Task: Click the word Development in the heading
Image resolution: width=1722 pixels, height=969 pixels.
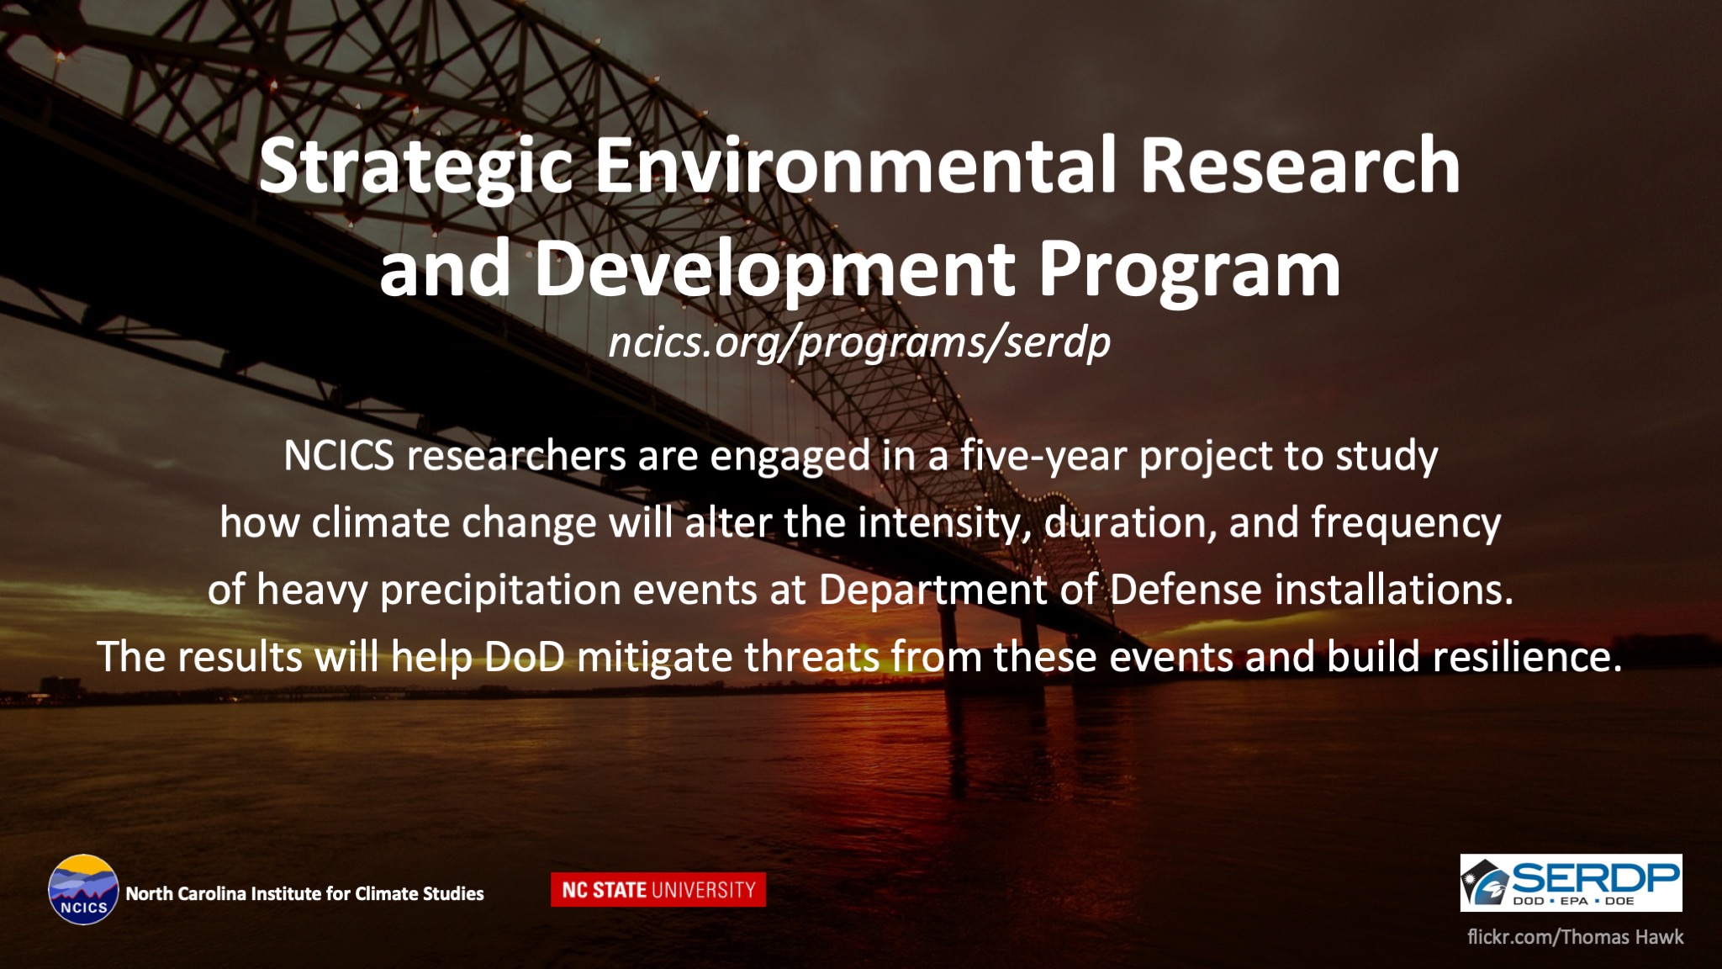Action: tap(774, 271)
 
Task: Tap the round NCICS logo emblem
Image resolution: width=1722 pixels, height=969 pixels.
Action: tap(83, 890)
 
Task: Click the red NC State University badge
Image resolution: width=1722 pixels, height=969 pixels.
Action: tap(658, 890)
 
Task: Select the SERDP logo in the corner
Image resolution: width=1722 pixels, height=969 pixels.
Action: tap(1571, 882)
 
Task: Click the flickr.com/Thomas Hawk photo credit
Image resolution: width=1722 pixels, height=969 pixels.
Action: tap(1575, 937)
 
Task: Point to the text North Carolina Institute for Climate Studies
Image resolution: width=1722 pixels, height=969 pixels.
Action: tap(304, 893)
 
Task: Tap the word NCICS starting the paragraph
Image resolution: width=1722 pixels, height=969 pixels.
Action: tap(339, 456)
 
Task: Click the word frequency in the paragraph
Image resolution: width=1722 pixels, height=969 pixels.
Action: tap(1406, 524)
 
